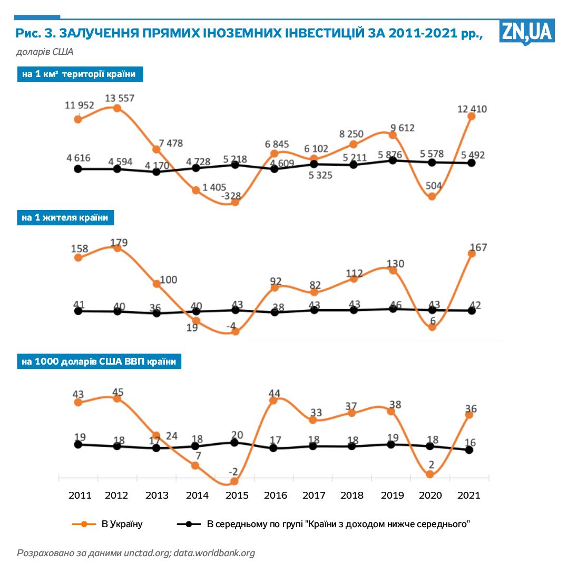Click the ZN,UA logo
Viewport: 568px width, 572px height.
526,33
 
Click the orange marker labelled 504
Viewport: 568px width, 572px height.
432,196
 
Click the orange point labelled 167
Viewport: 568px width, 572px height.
472,253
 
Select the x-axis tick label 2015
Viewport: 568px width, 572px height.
236,495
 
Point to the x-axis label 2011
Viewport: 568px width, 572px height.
80,495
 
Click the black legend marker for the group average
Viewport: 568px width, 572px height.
189,524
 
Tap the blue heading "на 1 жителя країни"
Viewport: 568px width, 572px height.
65,217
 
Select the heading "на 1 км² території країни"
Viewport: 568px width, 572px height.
80,74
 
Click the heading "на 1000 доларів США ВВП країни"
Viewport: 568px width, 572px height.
99,361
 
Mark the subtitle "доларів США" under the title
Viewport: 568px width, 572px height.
44,52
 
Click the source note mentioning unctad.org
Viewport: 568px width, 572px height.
136,553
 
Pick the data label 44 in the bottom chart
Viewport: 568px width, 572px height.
274,393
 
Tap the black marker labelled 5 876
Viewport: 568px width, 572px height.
393,160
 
